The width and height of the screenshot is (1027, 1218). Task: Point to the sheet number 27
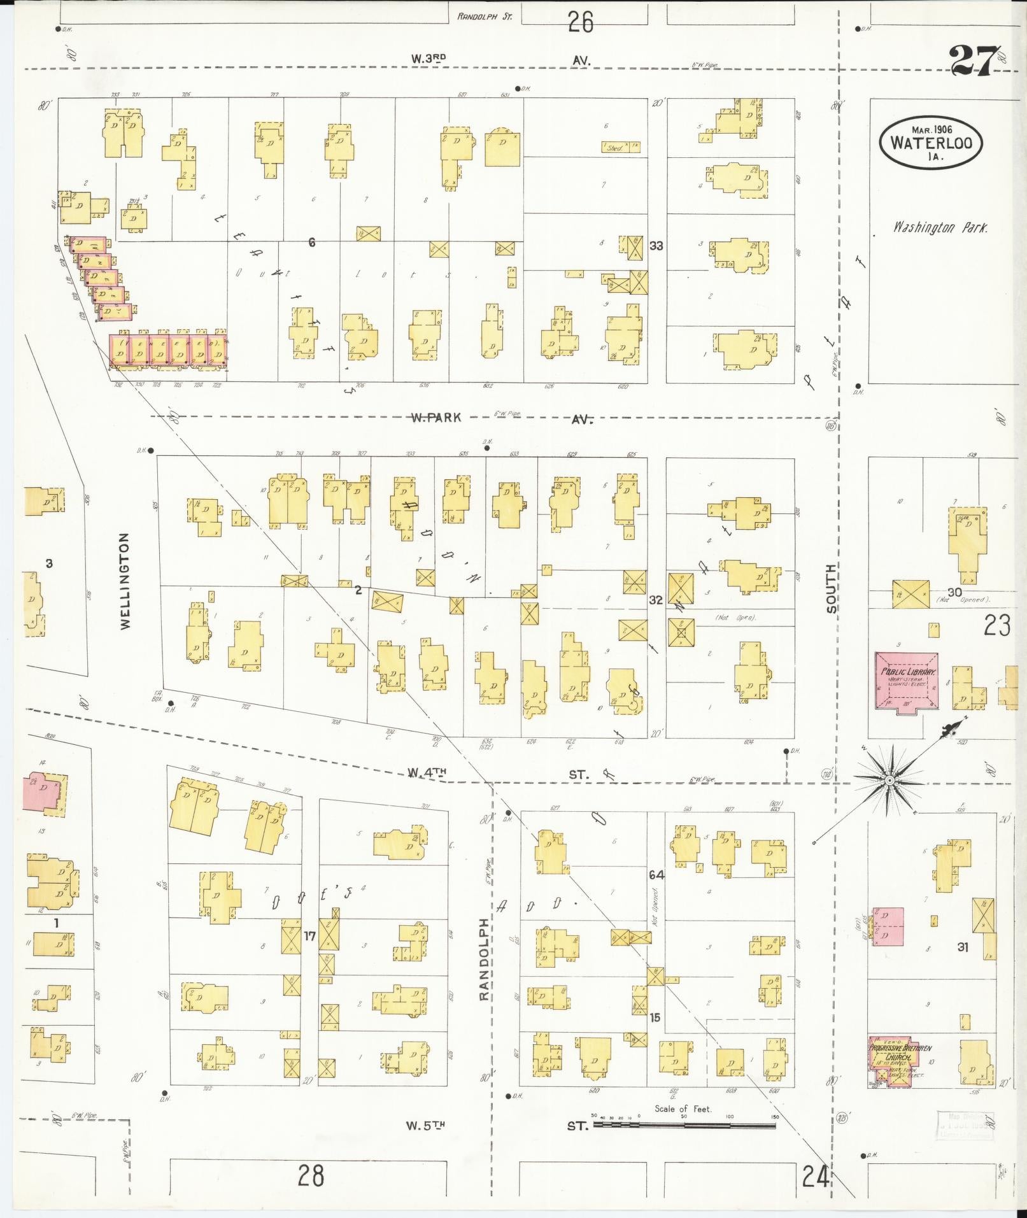click(x=971, y=60)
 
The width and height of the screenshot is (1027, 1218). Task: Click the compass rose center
click(x=889, y=781)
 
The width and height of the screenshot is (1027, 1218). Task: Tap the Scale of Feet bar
click(x=684, y=1125)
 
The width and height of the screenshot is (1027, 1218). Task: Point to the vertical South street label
click(x=832, y=588)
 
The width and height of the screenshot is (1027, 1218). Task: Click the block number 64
click(x=656, y=875)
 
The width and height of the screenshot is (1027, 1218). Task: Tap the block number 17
click(x=309, y=937)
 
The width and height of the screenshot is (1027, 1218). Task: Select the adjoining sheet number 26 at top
click(x=580, y=23)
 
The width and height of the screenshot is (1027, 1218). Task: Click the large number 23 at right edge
click(x=996, y=625)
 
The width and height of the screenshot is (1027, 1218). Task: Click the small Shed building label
click(x=614, y=148)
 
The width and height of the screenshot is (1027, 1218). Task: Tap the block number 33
click(x=656, y=245)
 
